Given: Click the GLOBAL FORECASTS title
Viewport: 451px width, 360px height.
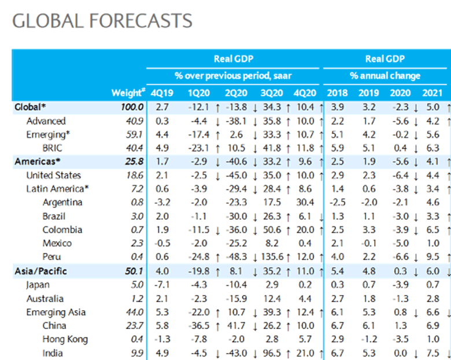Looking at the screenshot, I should [102, 21].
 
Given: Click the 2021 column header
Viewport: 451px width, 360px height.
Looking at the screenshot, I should [431, 93].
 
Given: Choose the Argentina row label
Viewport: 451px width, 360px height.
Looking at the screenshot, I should [62, 203].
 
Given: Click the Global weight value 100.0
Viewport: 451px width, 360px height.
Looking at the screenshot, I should [131, 107].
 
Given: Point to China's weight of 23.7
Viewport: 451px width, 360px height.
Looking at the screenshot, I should [134, 326].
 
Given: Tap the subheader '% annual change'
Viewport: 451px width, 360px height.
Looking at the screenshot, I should [385, 76].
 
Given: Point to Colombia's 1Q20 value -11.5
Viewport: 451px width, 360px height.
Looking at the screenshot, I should [195, 230].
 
